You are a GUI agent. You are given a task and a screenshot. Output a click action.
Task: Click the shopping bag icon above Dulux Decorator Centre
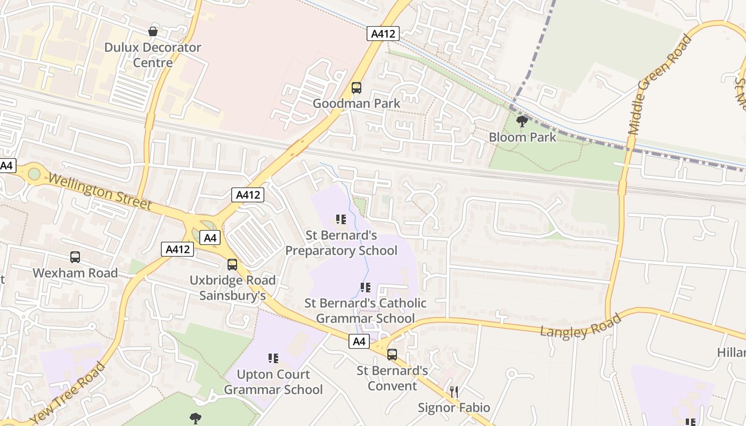click(153, 31)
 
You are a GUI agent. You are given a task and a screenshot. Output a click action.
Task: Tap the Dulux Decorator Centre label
click(152, 55)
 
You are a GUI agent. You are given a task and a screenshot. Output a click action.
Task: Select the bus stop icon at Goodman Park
click(356, 88)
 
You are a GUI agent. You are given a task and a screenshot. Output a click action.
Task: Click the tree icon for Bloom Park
click(522, 121)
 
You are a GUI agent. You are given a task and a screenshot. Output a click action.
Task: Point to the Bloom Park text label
click(522, 137)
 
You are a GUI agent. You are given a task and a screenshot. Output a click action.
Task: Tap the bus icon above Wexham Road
click(75, 257)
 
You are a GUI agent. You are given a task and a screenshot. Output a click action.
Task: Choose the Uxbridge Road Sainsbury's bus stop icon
click(232, 265)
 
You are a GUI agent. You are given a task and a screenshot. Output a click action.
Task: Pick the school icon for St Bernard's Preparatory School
click(341, 219)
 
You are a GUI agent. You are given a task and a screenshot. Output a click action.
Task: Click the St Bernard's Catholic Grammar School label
click(366, 310)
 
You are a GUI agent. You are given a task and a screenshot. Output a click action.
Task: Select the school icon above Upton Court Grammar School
click(273, 358)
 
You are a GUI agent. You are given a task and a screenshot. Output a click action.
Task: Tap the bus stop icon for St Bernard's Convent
click(392, 354)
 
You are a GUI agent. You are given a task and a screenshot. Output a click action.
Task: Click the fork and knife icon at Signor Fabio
click(453, 392)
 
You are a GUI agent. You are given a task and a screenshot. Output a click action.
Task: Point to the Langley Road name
click(581, 325)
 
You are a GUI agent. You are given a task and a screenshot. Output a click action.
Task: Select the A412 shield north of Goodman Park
click(383, 34)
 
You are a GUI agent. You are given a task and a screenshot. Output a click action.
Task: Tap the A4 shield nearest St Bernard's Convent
click(359, 341)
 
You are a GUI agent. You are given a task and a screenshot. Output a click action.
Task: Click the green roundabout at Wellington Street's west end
click(34, 174)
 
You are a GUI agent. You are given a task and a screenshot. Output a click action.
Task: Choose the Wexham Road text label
click(75, 273)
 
